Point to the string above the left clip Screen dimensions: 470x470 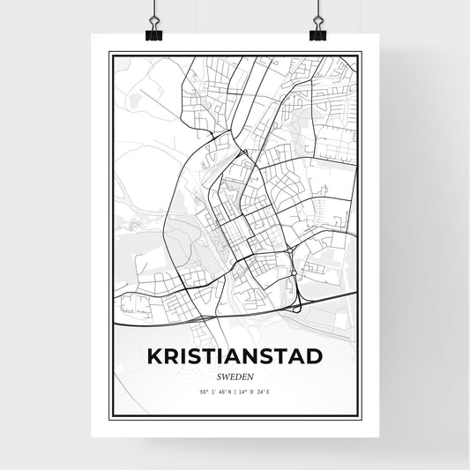coord(153,11)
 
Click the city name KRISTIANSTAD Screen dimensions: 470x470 coord(235,356)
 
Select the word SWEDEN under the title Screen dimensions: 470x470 coord(235,374)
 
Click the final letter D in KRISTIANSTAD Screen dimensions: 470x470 coord(313,356)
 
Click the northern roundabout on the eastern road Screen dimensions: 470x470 coord(290,250)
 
